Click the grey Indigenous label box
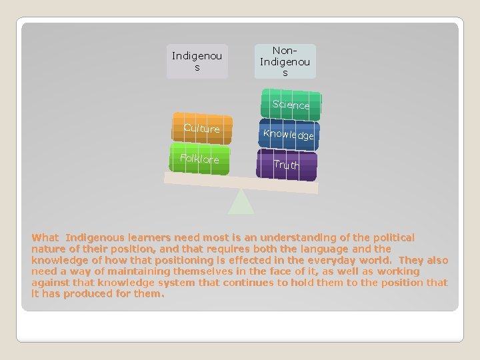click(197, 61)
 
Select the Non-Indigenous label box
click(285, 61)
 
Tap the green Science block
click(291, 102)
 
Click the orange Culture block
click(201, 129)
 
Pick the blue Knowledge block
click(289, 134)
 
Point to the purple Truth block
click(286, 165)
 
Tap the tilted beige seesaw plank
click(241, 182)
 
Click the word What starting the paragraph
click(45, 237)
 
